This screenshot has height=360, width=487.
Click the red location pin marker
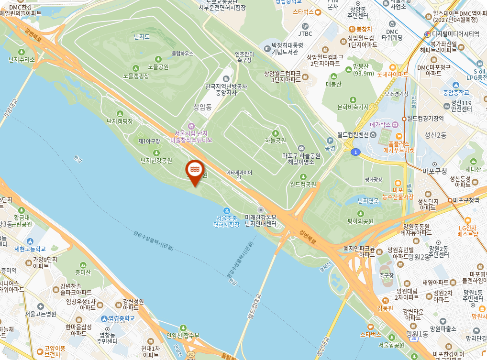194,170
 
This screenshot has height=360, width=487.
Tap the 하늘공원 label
275,141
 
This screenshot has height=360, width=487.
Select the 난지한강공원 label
156,161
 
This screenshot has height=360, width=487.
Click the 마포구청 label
434,171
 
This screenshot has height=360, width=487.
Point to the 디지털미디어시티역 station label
455,34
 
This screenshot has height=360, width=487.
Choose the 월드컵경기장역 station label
426,119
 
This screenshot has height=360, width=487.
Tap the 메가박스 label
381,125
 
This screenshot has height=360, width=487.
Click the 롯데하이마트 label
393,75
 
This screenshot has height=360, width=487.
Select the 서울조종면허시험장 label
226,221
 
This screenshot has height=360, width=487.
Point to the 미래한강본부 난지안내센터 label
261,220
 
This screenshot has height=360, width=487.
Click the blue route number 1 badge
355,152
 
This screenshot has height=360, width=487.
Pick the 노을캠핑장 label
136,76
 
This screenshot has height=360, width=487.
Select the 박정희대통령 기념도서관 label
285,49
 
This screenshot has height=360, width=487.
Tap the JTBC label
305,33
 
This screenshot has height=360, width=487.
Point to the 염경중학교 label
118,318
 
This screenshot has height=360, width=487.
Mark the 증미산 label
83,273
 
